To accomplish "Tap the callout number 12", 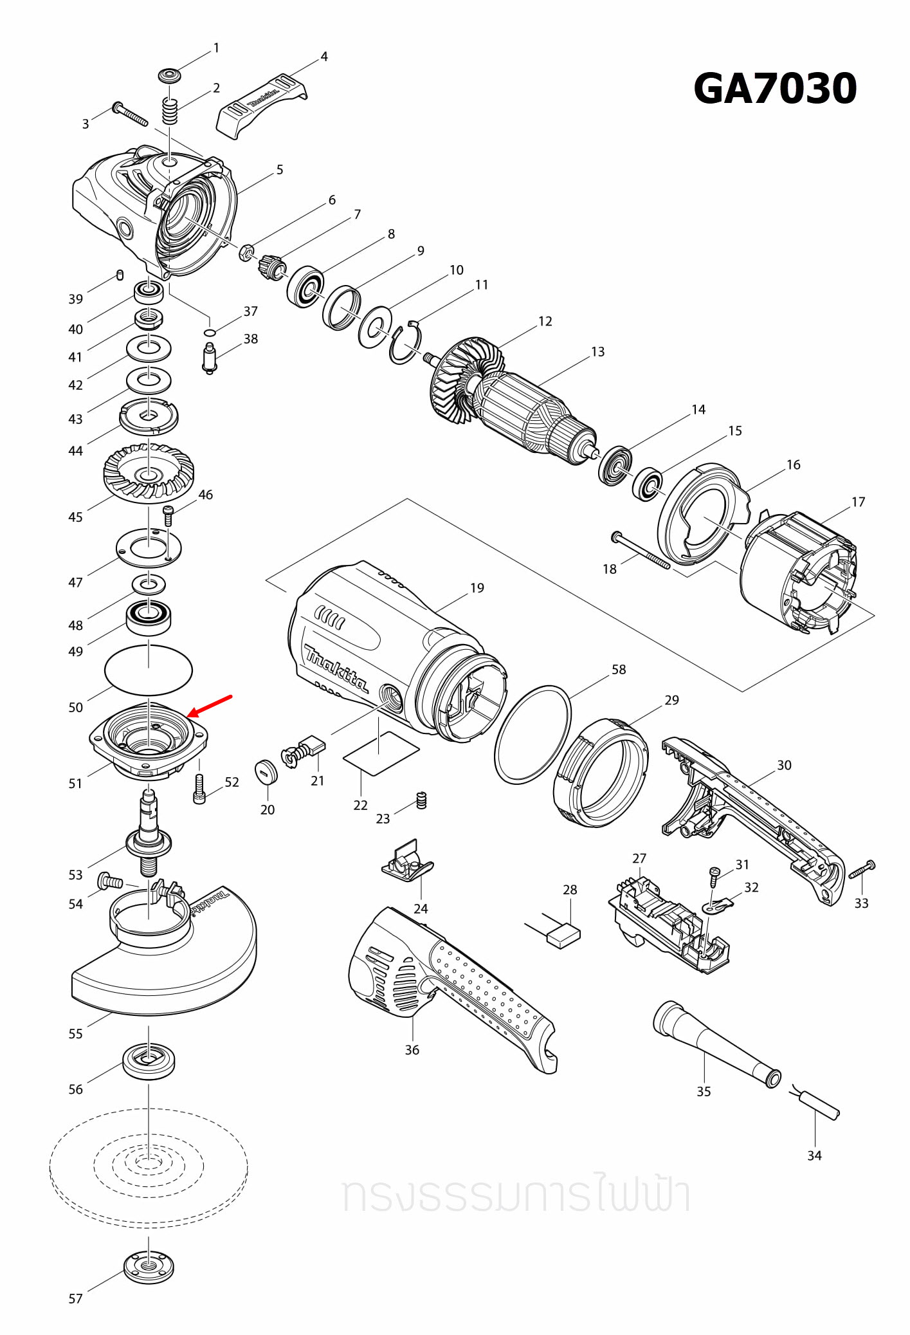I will point(545,321).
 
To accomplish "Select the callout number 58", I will point(618,669).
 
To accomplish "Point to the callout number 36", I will point(412,1049).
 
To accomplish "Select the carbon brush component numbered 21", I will point(305,750).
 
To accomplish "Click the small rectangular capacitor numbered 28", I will point(563,934).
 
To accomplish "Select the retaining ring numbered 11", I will point(405,345).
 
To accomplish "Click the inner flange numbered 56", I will point(149,1060).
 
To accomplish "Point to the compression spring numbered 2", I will point(168,112).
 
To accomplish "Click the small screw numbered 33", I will point(862,869).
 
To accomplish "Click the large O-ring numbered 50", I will point(149,670).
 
